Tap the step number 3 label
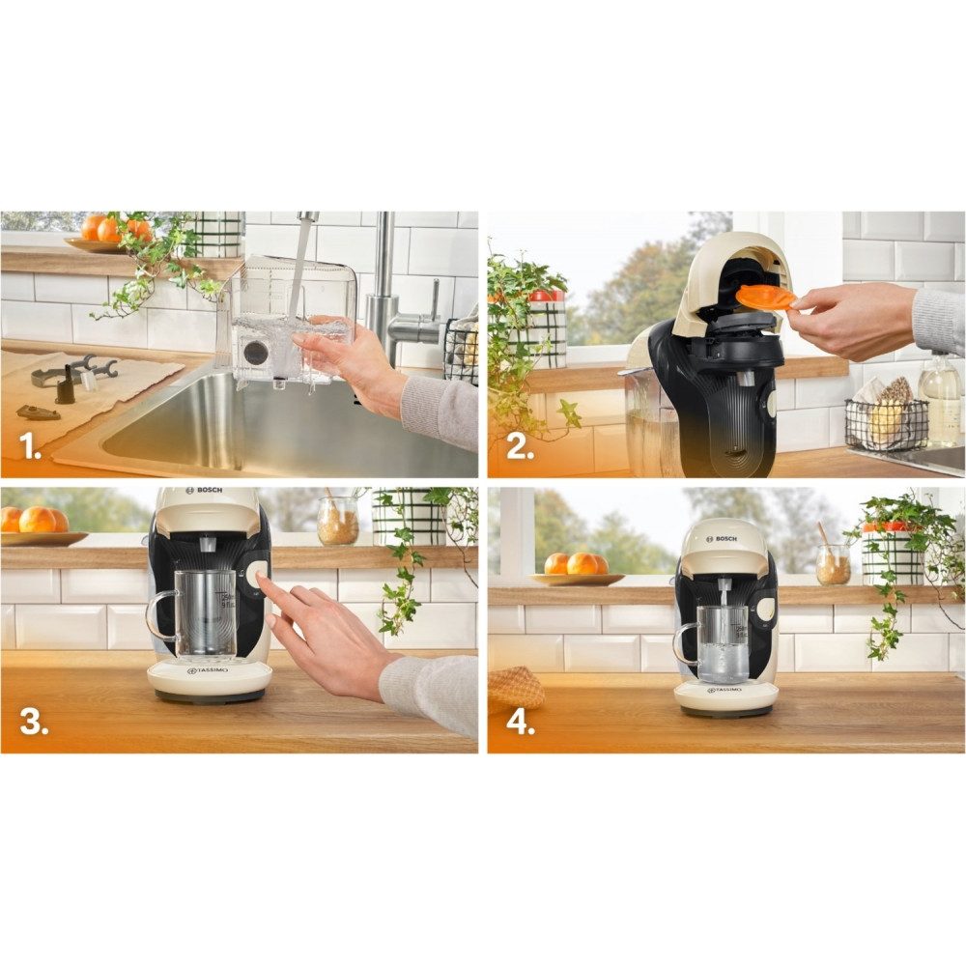pos(33,722)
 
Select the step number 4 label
pos(520,722)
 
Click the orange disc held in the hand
pos(765,297)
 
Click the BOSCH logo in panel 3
pos(209,491)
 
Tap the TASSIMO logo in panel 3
pos(209,670)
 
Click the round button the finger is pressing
pos(259,576)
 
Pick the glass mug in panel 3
pos(198,613)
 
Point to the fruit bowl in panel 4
pos(576,569)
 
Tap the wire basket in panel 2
pos(885,423)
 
